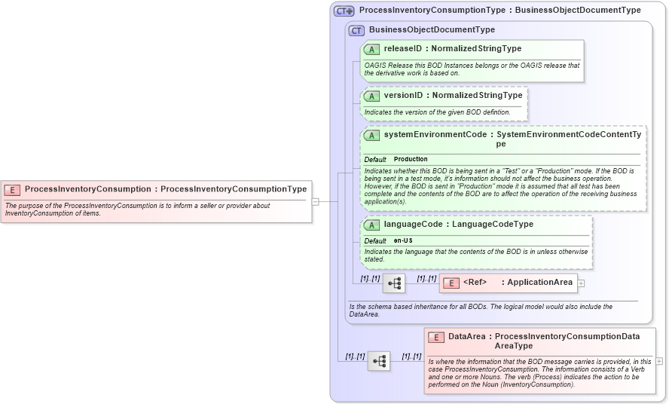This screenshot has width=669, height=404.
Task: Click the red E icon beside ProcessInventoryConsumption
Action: [x=12, y=189]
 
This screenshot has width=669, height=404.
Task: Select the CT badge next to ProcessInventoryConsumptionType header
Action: [x=344, y=11]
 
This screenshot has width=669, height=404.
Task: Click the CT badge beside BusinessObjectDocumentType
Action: [x=356, y=30]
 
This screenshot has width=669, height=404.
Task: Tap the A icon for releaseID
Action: [x=371, y=49]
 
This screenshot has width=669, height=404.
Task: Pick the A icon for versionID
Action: [x=371, y=96]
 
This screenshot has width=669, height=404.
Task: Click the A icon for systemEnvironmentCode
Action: [x=371, y=136]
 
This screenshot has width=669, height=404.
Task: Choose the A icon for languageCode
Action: [x=371, y=225]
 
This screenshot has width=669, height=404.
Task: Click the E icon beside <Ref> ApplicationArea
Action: [x=451, y=283]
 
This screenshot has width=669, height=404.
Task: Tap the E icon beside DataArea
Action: [x=435, y=338]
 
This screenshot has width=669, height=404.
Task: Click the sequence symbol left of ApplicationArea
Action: [x=394, y=283]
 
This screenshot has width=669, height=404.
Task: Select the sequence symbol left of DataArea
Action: [x=379, y=361]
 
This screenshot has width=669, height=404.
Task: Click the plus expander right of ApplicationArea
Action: [x=581, y=283]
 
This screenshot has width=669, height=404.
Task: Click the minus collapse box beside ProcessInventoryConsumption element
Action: [x=316, y=201]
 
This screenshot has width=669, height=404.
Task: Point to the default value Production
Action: [x=411, y=160]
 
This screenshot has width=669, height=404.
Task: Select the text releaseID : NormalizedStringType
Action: [x=452, y=49]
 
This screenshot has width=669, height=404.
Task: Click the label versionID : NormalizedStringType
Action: [x=453, y=96]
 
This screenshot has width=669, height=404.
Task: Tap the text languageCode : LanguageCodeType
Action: [x=458, y=225]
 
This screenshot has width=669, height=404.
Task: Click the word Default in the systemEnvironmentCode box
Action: [x=375, y=160]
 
